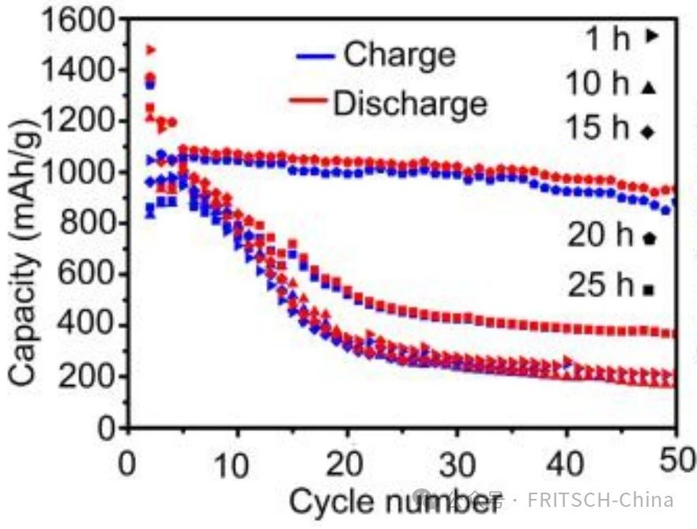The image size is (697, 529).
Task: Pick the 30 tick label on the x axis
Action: (456, 460)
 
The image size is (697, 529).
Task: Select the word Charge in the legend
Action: (400, 55)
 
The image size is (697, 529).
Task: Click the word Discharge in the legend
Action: (410, 104)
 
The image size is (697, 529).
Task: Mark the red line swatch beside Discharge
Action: (308, 101)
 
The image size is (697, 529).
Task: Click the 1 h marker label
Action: (607, 37)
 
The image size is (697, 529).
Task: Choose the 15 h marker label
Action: (597, 129)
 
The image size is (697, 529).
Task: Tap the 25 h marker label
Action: (599, 285)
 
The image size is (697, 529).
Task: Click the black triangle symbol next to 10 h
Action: (650, 88)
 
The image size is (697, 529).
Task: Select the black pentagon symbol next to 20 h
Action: (650, 236)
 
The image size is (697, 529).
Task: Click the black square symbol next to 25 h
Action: (650, 290)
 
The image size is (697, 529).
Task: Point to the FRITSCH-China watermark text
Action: (600, 500)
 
